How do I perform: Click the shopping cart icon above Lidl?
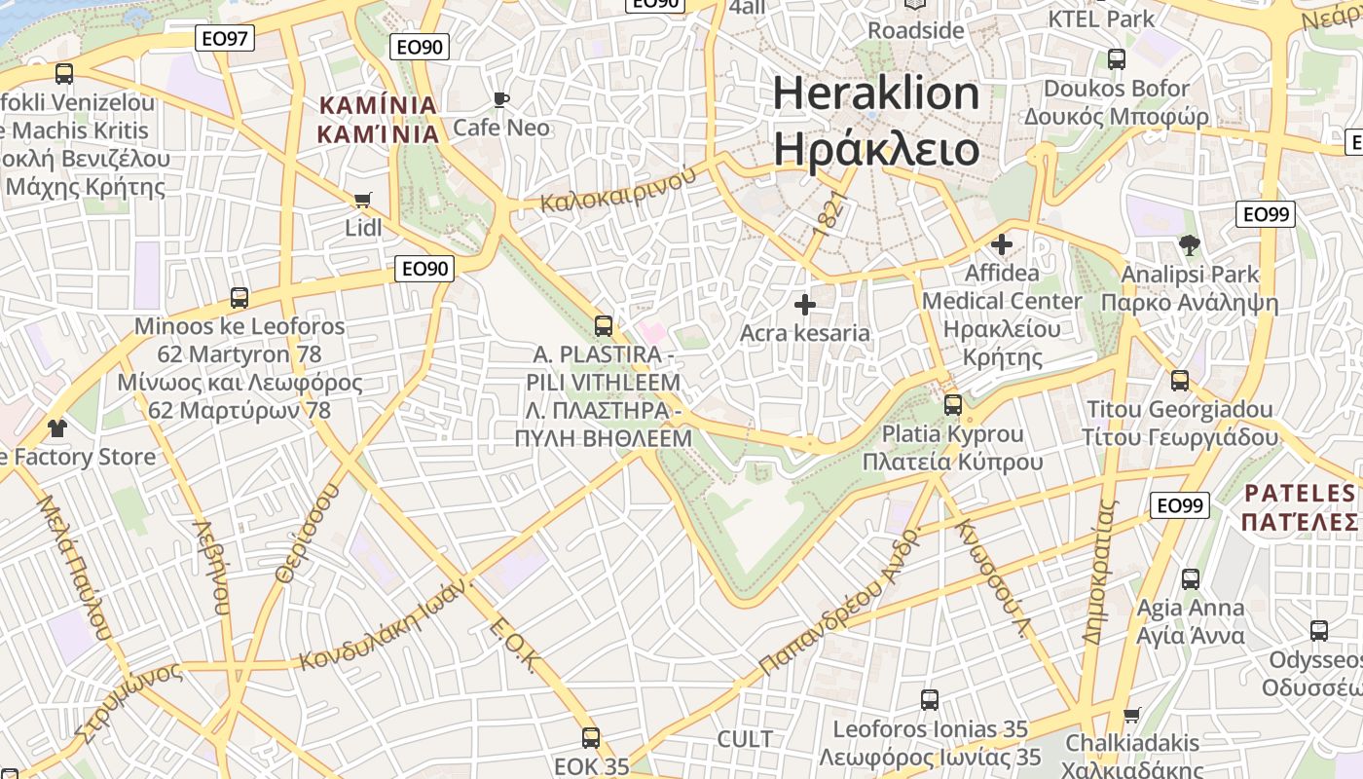362,201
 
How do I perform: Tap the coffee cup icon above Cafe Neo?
501,99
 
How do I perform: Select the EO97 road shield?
225,39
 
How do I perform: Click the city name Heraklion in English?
875,93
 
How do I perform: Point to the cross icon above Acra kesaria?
805,305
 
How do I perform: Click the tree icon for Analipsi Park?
1189,245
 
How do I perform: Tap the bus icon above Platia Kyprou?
953,405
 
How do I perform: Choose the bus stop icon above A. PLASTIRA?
604,326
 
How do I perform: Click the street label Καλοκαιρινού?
619,189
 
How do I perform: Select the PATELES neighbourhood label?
1300,494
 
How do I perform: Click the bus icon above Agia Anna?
1190,579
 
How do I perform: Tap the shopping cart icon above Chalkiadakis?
1131,716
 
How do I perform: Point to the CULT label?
745,739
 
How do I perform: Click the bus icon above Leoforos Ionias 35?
930,700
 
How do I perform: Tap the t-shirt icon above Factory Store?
57,427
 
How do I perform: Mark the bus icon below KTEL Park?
1117,59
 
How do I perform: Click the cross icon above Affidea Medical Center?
1002,244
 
